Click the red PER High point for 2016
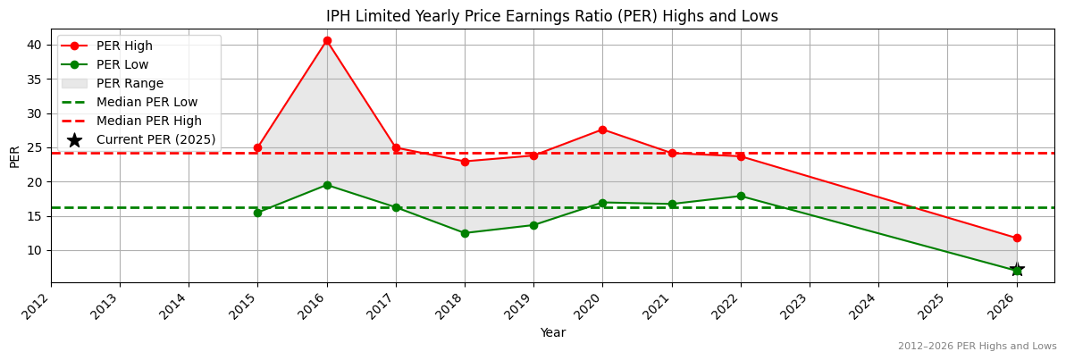[327, 40]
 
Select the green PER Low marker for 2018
[465, 233]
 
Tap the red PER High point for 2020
[602, 130]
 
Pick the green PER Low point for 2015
[257, 213]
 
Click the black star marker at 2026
[1017, 270]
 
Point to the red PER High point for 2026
[1017, 239]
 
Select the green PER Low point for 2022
[741, 197]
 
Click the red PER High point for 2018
[465, 162]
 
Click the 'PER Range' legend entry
[130, 83]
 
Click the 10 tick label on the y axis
[34, 250]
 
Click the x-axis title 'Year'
[552, 333]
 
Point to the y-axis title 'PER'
[14, 156]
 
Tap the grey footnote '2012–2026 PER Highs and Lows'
[977, 347]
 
